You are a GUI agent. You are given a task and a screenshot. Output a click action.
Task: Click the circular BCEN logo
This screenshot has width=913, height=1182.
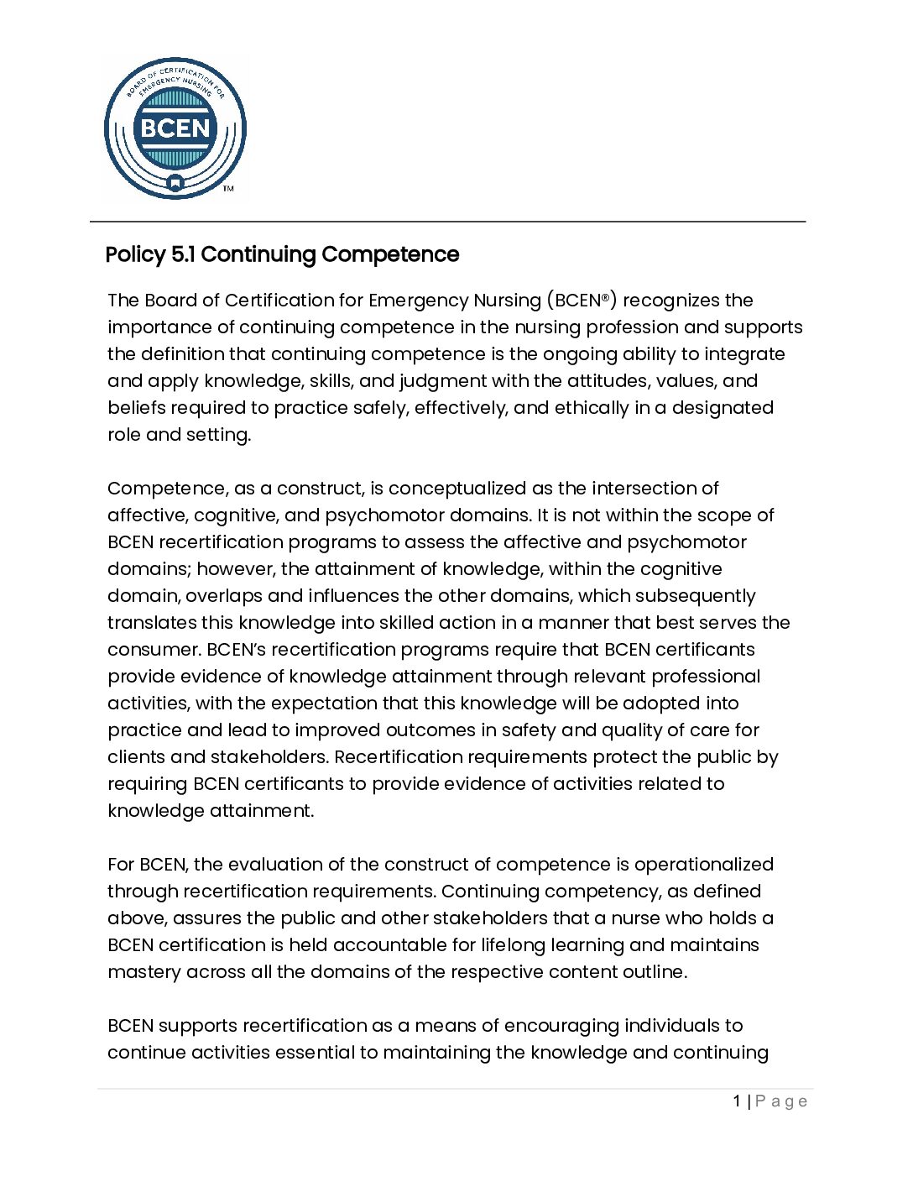tap(175, 128)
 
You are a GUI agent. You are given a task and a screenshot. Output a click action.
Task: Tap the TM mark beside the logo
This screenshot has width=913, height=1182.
tap(228, 189)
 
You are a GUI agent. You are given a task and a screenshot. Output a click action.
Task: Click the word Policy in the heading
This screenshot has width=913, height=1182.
tap(135, 254)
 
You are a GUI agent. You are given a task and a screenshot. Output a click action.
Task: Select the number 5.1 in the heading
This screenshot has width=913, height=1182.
tap(183, 254)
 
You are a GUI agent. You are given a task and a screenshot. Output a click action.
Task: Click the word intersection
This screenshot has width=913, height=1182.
tap(644, 489)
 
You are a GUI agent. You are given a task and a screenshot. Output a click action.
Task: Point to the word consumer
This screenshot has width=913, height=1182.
tap(153, 650)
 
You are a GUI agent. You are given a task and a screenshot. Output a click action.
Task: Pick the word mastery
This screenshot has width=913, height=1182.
tap(143, 972)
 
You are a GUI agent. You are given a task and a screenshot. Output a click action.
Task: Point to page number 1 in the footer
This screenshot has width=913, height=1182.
tap(737, 1101)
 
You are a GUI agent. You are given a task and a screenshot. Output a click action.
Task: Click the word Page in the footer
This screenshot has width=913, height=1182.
tap(781, 1101)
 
